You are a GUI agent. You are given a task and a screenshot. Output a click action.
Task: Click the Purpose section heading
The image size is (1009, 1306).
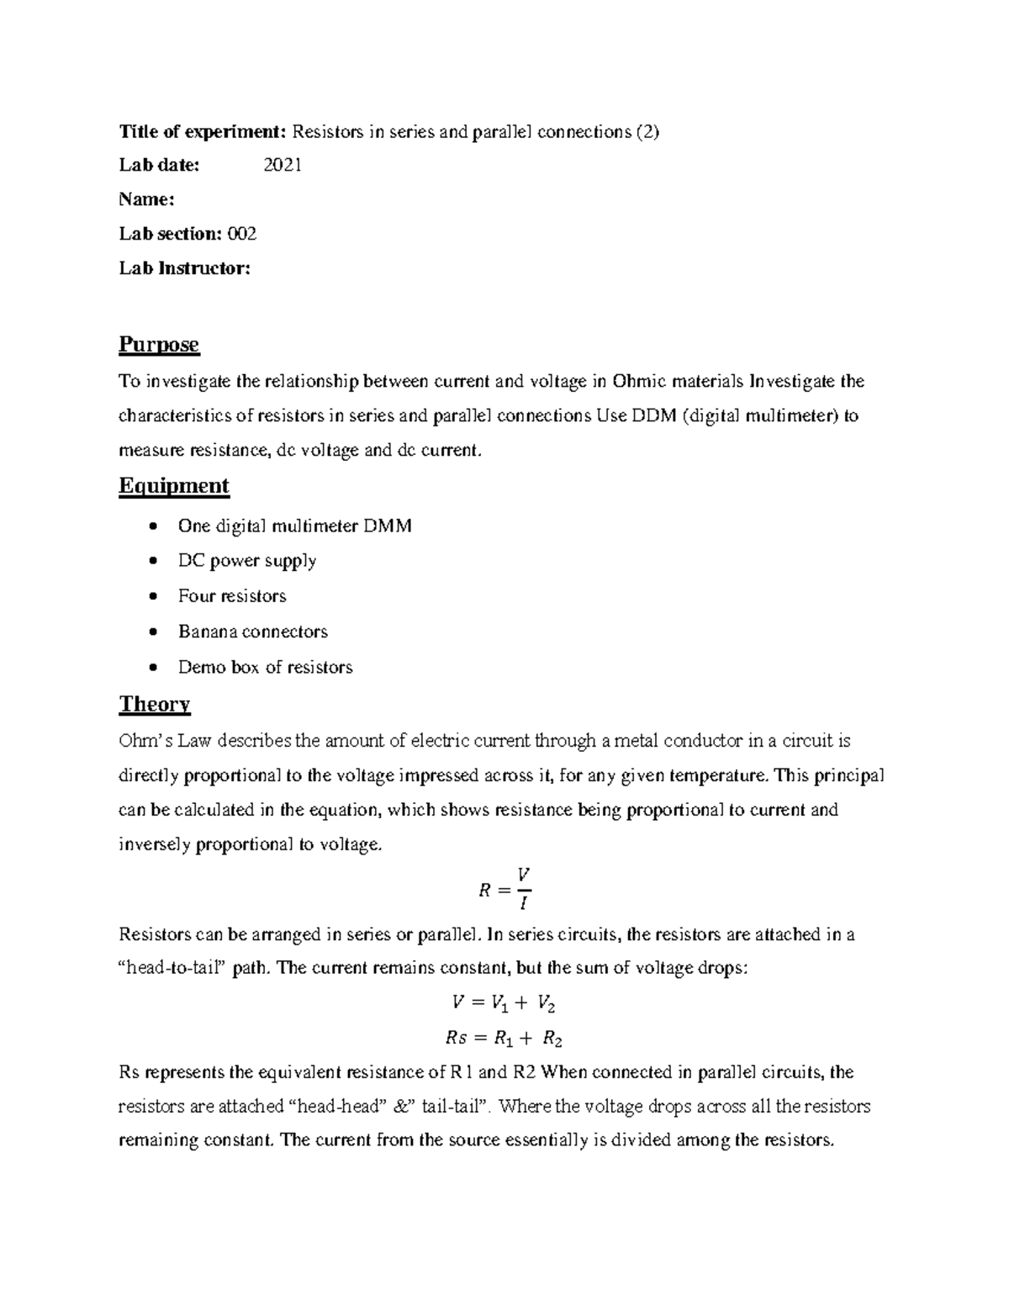[159, 345]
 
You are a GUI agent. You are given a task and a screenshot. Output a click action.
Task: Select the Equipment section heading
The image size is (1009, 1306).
[173, 486]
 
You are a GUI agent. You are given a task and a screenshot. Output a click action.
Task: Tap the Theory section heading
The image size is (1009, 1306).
[155, 704]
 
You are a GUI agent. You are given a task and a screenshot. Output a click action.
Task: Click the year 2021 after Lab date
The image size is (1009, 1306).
[283, 166]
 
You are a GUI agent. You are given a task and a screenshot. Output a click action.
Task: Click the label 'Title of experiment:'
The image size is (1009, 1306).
[203, 131]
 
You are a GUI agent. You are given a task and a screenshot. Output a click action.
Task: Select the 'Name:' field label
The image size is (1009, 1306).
[146, 200]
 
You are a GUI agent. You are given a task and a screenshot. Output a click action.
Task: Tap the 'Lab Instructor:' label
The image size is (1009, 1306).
[184, 268]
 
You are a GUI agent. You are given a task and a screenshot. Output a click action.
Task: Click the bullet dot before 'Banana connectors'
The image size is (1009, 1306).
[151, 632]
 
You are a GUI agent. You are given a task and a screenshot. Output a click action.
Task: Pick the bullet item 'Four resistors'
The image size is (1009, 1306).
[232, 596]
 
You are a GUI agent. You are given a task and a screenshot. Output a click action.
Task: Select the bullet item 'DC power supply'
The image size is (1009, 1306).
[247, 561]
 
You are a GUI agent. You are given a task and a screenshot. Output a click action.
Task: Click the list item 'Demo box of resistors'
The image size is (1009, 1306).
[265, 668]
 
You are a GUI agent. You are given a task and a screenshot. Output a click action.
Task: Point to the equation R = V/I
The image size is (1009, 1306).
[504, 889]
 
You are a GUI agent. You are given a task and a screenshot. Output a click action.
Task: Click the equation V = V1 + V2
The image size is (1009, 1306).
[503, 1003]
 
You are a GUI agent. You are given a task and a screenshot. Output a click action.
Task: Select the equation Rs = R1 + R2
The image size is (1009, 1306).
[503, 1039]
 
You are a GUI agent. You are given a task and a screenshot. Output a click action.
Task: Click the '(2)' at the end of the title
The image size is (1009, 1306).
[647, 131]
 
